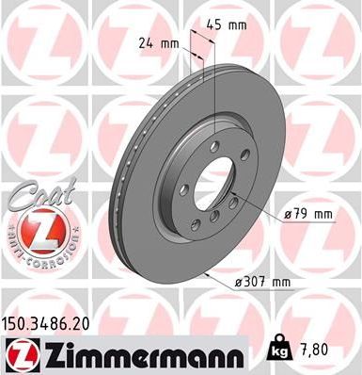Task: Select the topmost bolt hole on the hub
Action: [x=215, y=145]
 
